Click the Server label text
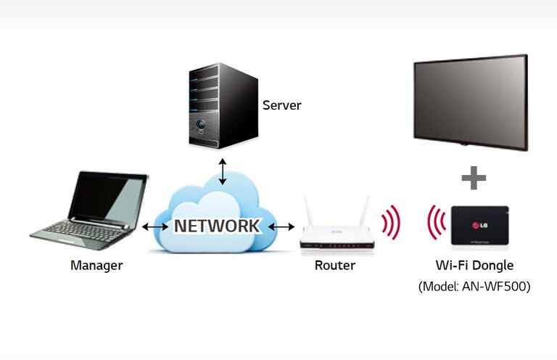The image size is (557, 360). pos(281,106)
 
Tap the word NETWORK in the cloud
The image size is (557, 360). pos(216,226)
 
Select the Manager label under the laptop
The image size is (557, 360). pos(96,266)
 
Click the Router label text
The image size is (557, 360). pos(335,266)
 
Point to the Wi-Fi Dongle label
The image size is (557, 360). pos(474,266)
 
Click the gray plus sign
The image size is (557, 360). pos(473,177)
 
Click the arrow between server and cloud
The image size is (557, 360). pos(223,171)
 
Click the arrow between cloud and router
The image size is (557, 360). pos(281,227)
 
